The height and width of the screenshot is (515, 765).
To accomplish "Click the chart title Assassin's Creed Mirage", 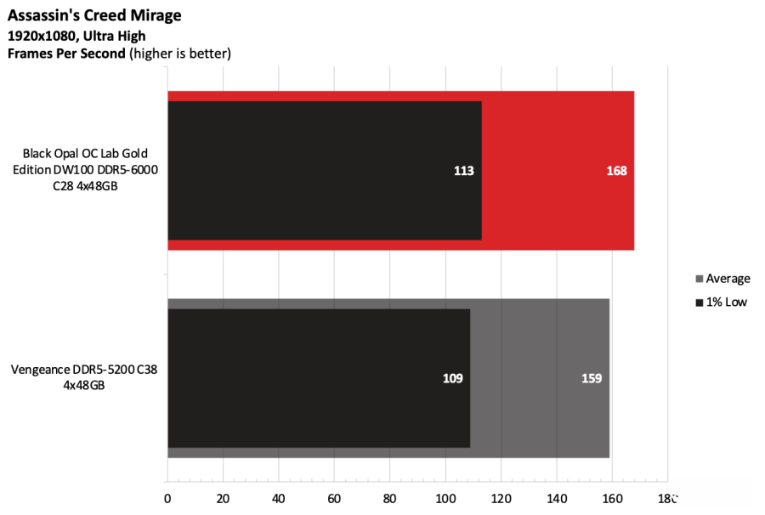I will (94, 15).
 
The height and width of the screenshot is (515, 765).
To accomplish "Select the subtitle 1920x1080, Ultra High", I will (76, 36).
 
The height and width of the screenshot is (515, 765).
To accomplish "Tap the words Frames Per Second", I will (66, 54).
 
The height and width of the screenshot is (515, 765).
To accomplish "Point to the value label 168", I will (616, 171).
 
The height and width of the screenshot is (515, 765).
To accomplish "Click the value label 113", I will (463, 171).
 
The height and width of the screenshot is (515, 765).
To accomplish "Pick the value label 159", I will (592, 378).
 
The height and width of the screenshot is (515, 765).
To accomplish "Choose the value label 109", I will (452, 378).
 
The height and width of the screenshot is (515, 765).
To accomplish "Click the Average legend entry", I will (728, 279).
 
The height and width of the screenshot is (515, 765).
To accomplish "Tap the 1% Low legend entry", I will (726, 302).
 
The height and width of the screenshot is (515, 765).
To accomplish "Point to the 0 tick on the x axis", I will (167, 498).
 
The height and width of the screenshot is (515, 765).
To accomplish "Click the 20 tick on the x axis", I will (223, 498).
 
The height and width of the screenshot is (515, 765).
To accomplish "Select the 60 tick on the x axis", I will (334, 498).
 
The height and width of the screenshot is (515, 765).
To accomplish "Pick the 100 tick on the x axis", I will (445, 498).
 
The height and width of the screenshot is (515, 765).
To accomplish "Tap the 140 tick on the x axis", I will (557, 498).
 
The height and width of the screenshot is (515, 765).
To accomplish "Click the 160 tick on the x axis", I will (612, 498).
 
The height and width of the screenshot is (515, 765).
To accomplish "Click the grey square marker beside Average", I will (700, 279).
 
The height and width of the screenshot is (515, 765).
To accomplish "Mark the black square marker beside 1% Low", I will (700, 303).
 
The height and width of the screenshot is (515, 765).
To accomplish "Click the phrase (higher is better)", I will (180, 54).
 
